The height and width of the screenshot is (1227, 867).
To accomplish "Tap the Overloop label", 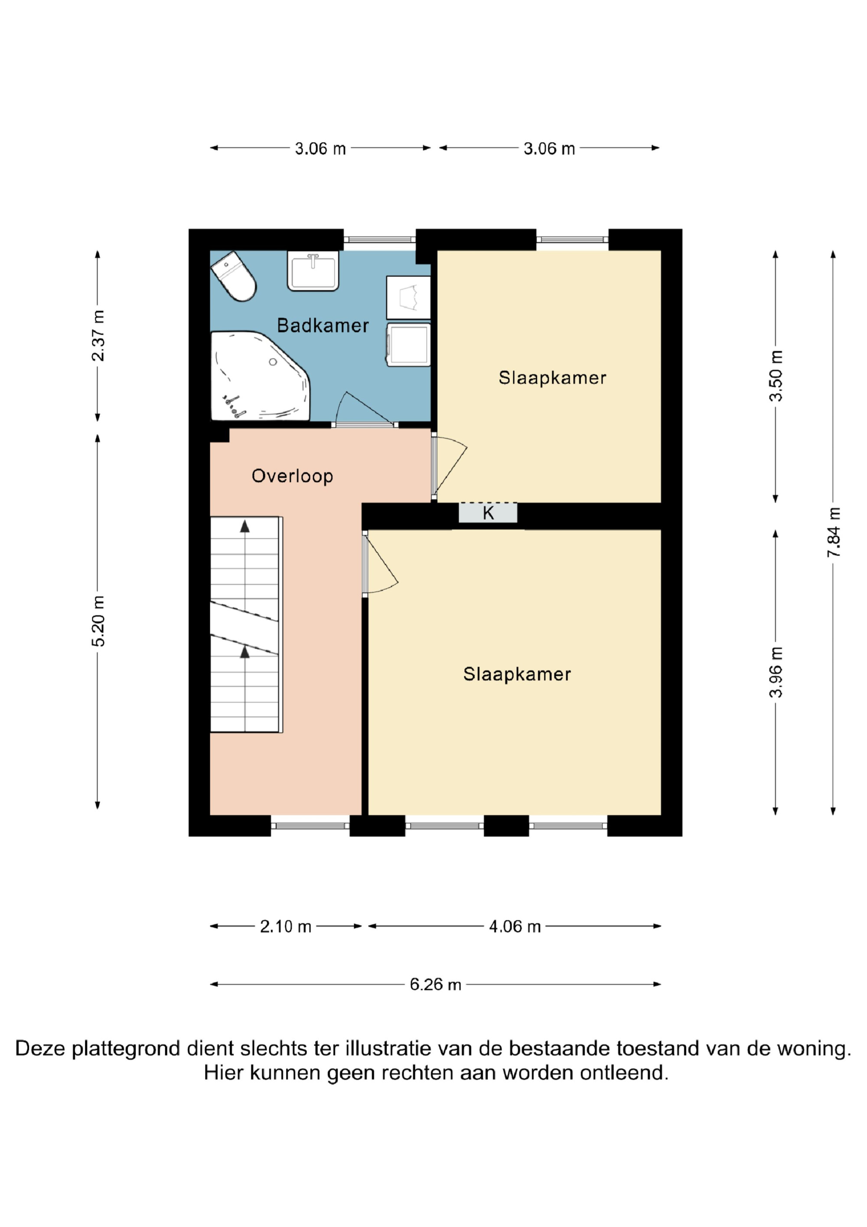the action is click(292, 476).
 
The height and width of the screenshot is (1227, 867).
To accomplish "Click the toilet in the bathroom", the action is click(234, 276).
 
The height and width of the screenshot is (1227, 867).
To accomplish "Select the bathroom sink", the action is click(313, 271).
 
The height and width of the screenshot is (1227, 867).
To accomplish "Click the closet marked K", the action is click(488, 513).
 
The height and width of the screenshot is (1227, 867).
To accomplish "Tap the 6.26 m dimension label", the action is click(435, 985).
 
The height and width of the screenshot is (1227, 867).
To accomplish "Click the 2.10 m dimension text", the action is click(285, 926).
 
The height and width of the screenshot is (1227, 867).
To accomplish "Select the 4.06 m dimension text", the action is click(515, 926).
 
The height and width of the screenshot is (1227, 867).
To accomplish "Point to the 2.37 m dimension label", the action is click(98, 336).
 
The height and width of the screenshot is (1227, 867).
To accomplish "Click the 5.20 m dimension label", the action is click(98, 621).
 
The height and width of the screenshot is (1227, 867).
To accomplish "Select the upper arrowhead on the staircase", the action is click(244, 527).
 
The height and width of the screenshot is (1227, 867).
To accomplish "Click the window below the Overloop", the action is click(310, 826).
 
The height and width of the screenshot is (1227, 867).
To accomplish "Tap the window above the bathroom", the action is click(379, 240).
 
